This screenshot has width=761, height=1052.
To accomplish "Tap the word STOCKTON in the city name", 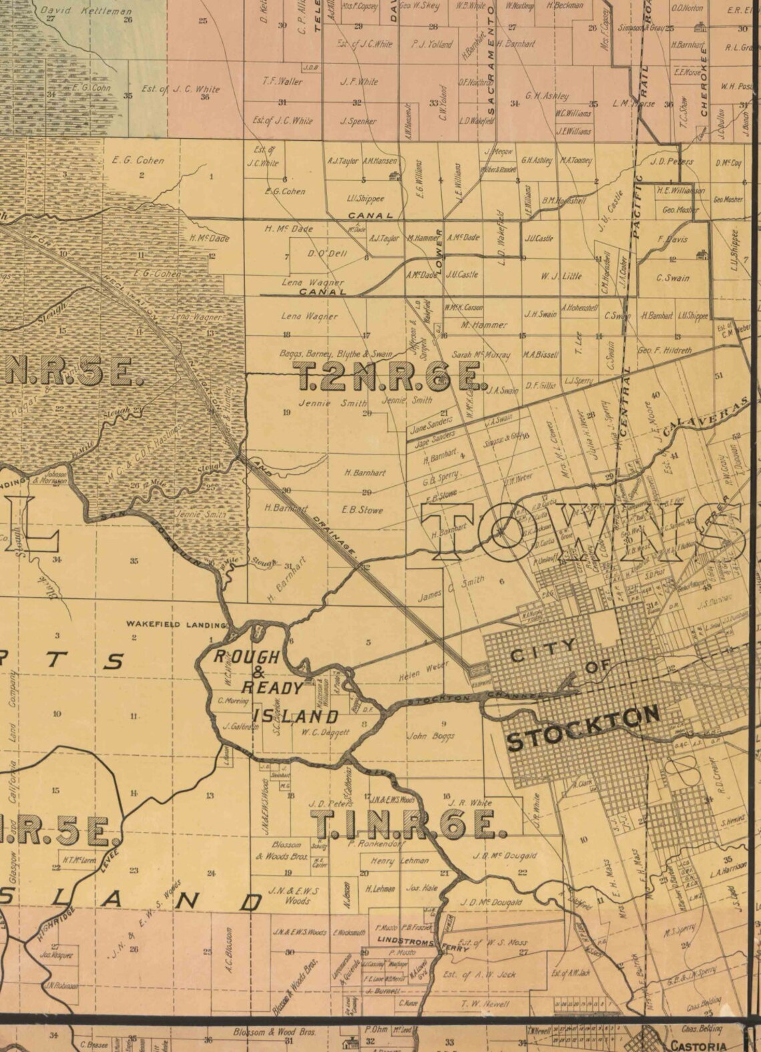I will point(583,729).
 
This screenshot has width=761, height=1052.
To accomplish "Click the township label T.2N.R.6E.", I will point(390,378).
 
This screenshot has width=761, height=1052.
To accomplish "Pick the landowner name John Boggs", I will point(431,736).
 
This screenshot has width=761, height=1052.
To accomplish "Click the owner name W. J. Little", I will point(561,275).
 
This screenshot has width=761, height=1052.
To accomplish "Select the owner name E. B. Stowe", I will point(362,509).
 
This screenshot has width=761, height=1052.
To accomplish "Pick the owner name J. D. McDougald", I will point(491,902).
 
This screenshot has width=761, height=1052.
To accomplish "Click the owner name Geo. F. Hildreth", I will point(665,350).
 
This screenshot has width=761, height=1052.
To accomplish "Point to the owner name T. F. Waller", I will point(282,81).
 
